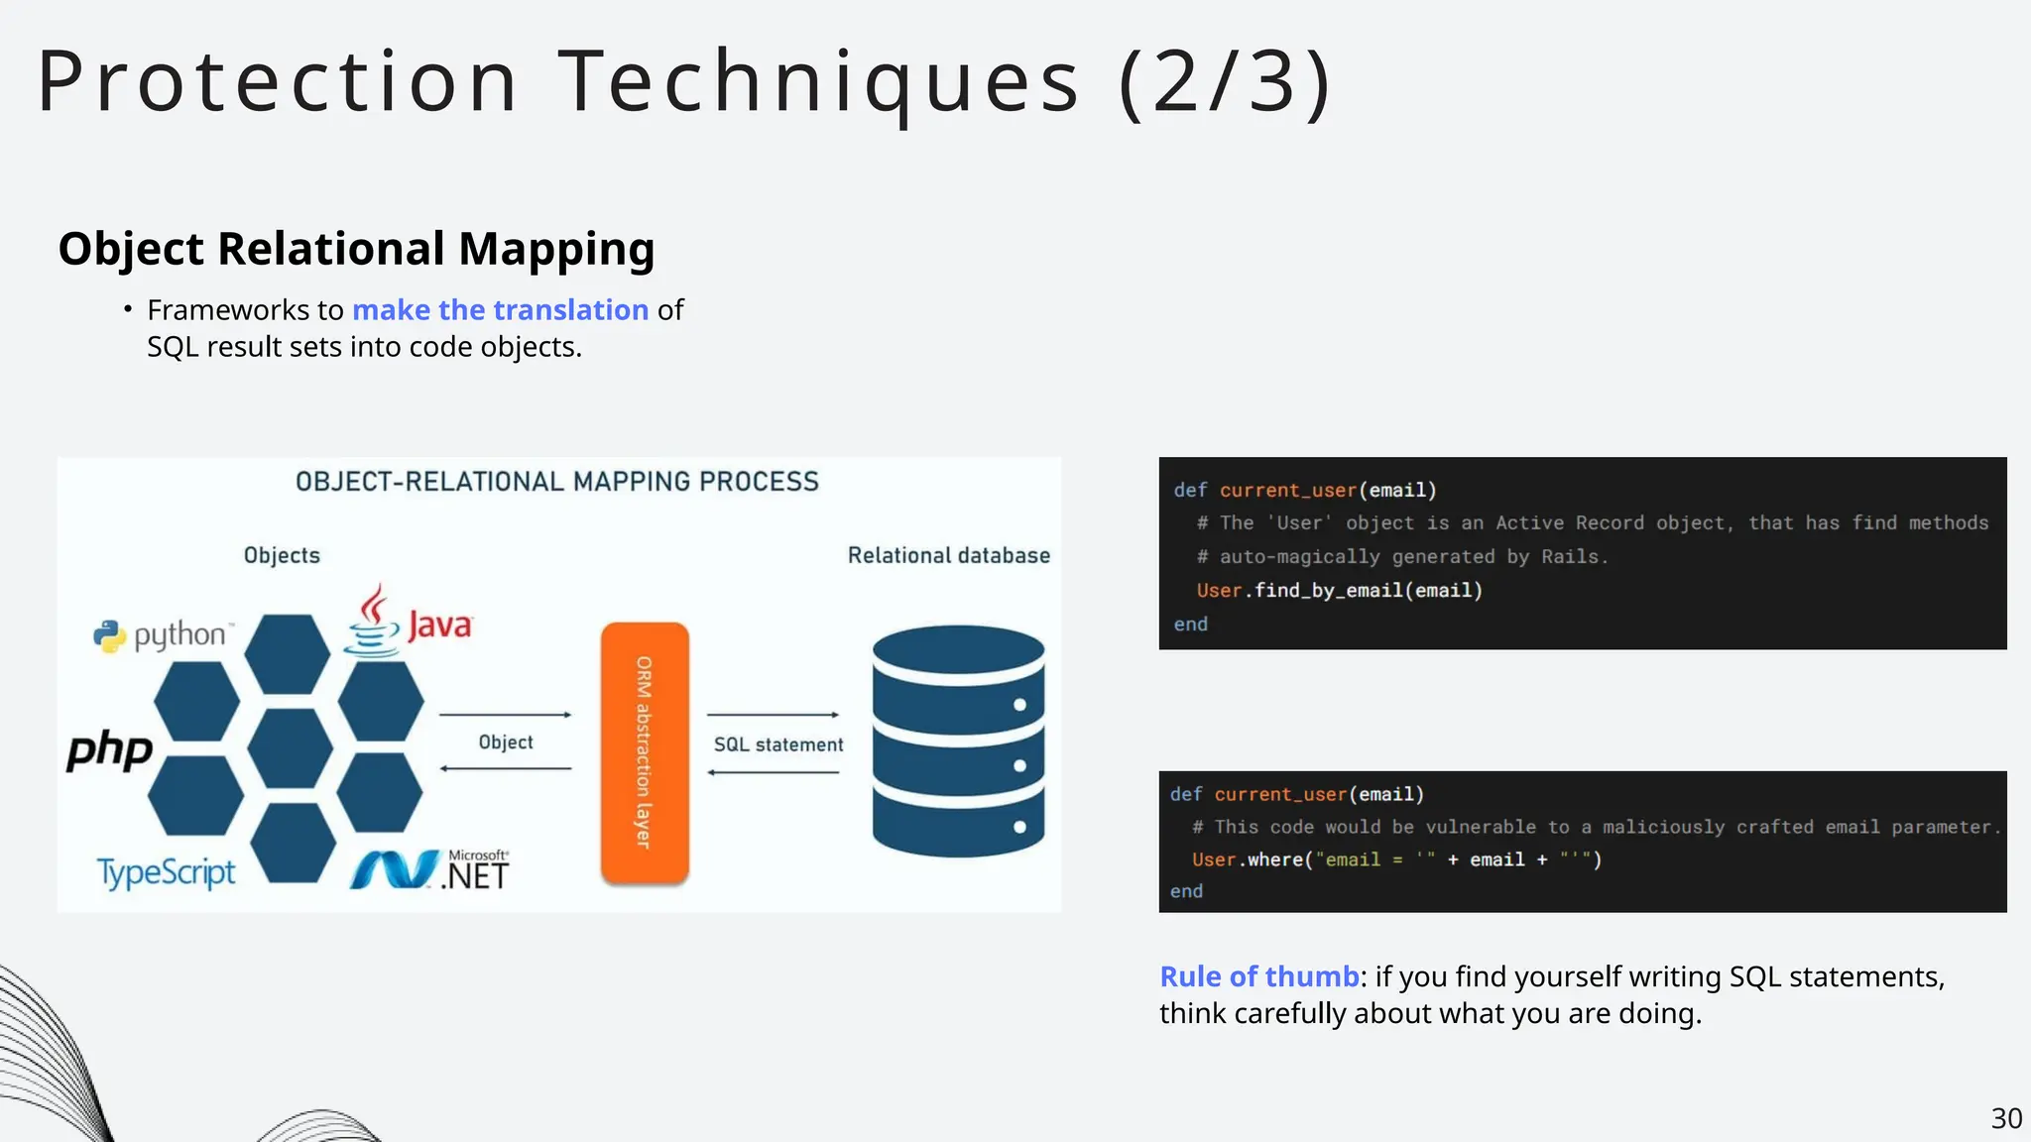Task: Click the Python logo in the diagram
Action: pos(164,635)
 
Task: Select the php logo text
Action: pos(110,749)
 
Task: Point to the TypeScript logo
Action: pos(166,872)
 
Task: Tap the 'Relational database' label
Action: pos(948,555)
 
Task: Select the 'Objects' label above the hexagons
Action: pos(282,555)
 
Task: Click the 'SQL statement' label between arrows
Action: pos(778,744)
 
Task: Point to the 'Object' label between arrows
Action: pos(506,742)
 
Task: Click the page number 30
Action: pos(2006,1118)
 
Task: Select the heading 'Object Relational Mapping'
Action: pos(356,249)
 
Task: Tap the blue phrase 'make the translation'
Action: pos(500,310)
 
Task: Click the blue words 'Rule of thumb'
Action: pos(1258,976)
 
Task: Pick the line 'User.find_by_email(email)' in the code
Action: pos(1339,591)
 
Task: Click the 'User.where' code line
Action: pos(1396,859)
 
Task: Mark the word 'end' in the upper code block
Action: pos(1191,625)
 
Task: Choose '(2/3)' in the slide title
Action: pos(1225,81)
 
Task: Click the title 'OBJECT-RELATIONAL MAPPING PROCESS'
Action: pos(557,482)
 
